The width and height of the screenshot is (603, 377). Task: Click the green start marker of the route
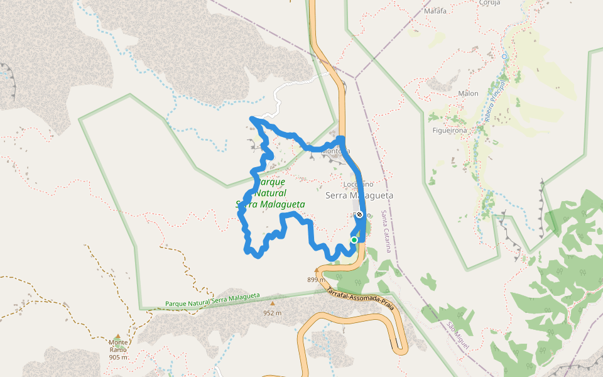pos(354,240)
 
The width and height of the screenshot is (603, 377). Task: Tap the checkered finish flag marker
pos(359,215)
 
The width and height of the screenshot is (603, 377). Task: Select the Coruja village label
pos(489,3)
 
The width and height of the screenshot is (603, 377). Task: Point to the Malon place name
pos(468,94)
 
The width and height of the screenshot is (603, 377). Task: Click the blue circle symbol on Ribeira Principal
pos(504,57)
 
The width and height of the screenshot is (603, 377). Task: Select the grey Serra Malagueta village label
pos(359,195)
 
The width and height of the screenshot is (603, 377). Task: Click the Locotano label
pos(359,184)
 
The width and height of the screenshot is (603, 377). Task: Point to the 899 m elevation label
pos(316,280)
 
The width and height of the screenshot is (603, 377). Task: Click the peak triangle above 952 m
pos(272,304)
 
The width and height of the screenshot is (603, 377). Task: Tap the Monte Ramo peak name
pos(118,346)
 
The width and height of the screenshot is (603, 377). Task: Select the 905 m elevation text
pos(118,357)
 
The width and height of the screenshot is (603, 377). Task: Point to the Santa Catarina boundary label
pos(388,239)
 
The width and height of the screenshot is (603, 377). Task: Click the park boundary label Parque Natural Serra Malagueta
pos(212,300)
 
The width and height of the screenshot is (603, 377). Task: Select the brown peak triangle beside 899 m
pos(316,271)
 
